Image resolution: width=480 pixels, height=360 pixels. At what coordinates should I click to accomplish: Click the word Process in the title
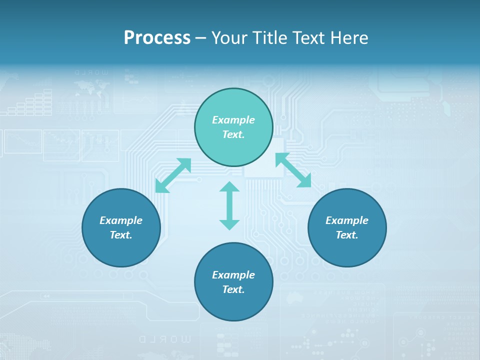tap(157, 38)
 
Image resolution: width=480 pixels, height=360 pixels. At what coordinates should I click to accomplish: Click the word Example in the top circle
tap(233, 120)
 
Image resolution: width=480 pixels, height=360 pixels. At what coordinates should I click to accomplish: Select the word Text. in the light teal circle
tap(233, 134)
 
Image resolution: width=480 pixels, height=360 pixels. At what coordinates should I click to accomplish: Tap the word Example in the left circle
tap(121, 220)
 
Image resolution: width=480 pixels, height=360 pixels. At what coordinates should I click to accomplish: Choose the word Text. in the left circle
tap(121, 235)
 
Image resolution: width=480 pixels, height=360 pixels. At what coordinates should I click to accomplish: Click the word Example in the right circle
tap(347, 220)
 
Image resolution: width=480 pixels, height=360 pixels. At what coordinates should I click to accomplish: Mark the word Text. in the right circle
tap(347, 235)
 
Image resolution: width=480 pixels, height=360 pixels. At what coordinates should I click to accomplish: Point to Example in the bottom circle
tap(233, 275)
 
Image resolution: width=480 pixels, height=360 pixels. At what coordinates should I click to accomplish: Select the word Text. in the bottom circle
tap(233, 289)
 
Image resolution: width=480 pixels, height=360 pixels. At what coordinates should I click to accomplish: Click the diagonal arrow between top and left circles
tap(173, 175)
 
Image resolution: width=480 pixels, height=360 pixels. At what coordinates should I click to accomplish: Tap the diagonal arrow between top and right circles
tap(293, 170)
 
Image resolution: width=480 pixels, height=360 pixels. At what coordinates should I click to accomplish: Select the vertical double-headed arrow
tap(229, 205)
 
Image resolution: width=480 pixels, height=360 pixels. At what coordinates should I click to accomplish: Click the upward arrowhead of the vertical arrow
tap(229, 186)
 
